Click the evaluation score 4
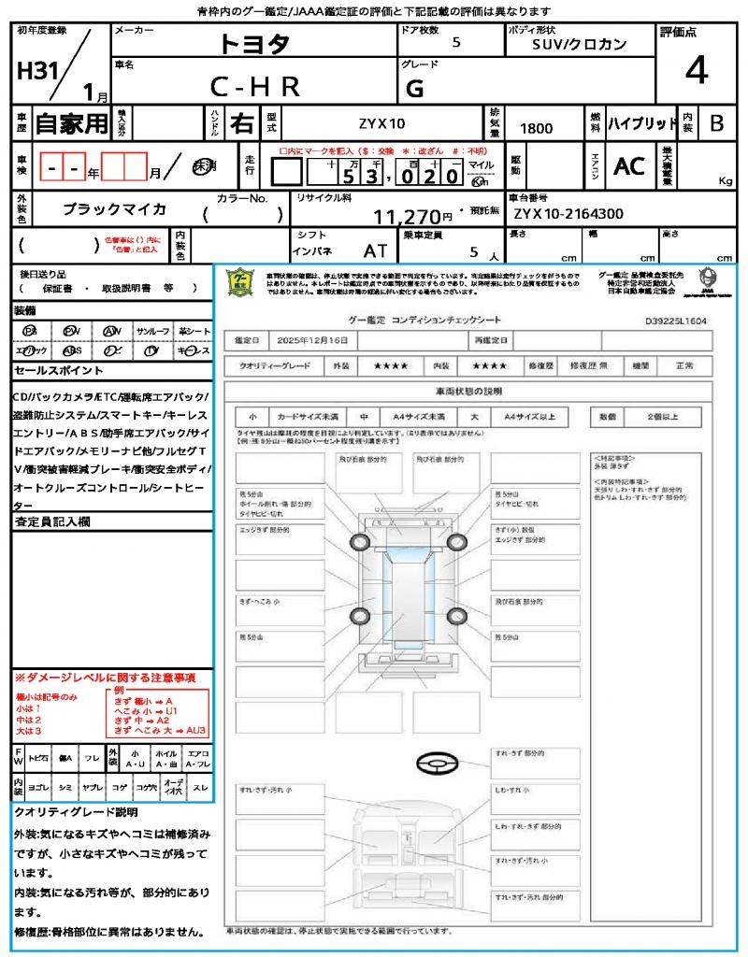(x=696, y=72)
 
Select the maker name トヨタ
(x=254, y=44)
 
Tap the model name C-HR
(x=254, y=87)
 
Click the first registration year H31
(x=36, y=72)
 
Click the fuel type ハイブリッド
(x=642, y=123)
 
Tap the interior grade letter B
(x=716, y=123)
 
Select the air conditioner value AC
(x=629, y=166)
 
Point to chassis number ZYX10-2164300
(x=568, y=214)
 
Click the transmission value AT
(x=376, y=250)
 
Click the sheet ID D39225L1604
(x=675, y=321)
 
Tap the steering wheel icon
(x=435, y=764)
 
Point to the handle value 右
(x=242, y=123)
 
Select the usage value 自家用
(x=71, y=123)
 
